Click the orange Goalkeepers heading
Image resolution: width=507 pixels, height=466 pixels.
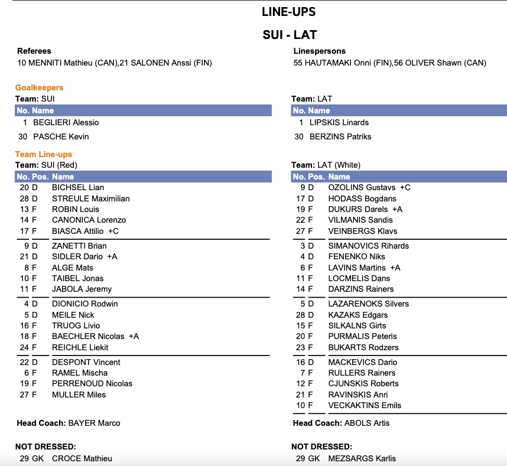click(39, 87)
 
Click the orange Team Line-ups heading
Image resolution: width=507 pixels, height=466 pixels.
click(43, 154)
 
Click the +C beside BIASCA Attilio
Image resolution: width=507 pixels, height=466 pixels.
click(113, 231)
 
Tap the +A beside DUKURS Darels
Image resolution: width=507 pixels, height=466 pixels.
click(397, 209)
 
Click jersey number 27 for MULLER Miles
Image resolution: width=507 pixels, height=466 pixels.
click(24, 395)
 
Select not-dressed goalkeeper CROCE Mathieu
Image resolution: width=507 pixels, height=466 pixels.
click(82, 458)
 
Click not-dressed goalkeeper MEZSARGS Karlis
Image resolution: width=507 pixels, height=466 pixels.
click(362, 458)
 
